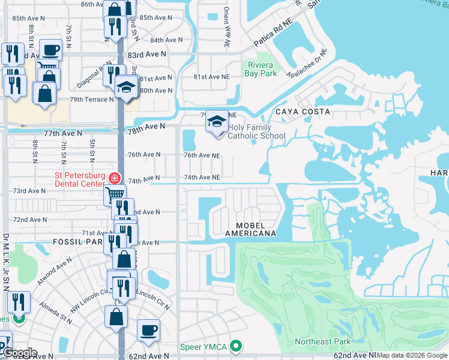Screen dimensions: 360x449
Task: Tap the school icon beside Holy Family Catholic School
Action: point(217,121)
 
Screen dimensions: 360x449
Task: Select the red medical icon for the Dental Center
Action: point(114,179)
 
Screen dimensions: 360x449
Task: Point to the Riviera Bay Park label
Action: point(261,69)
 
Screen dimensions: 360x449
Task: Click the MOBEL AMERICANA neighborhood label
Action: point(250,228)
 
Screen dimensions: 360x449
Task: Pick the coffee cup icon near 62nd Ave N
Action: point(148,329)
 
